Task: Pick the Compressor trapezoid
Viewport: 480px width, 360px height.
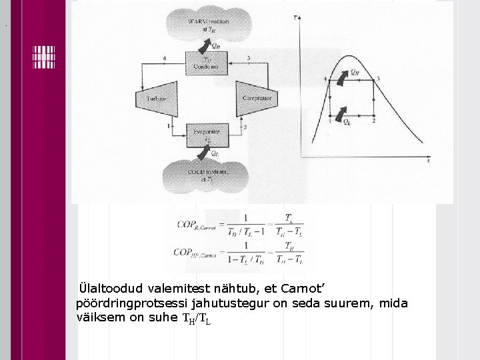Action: click(x=256, y=99)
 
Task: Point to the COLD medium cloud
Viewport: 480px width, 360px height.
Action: click(x=206, y=175)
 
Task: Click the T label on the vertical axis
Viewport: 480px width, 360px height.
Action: click(x=295, y=18)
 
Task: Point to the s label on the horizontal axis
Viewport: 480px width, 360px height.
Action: click(x=427, y=162)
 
